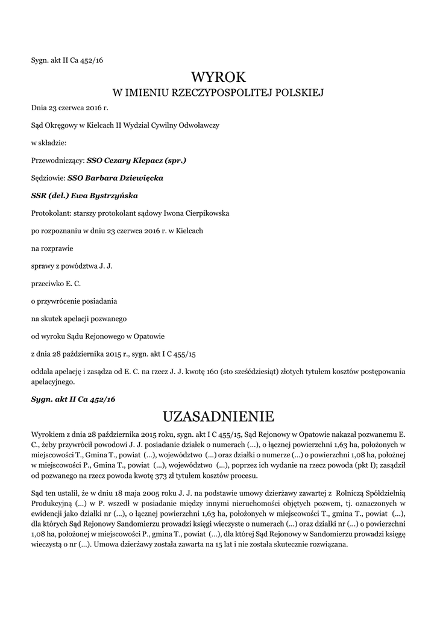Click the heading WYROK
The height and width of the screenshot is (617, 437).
pyautogui.click(x=219, y=77)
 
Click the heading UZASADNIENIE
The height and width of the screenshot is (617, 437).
pyautogui.click(x=219, y=416)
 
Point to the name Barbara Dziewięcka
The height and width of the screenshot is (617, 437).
pyautogui.click(x=124, y=178)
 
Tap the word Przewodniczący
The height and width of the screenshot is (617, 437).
pyautogui.click(x=57, y=161)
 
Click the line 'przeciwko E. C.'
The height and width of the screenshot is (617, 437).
pyautogui.click(x=55, y=283)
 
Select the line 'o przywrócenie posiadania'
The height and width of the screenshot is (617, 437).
pyautogui.click(x=74, y=301)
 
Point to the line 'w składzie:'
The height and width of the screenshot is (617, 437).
pyautogui.click(x=49, y=143)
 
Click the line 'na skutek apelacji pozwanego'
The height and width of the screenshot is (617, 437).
pyautogui.click(x=78, y=318)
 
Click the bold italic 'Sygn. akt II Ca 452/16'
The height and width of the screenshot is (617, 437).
pyautogui.click(x=73, y=399)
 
